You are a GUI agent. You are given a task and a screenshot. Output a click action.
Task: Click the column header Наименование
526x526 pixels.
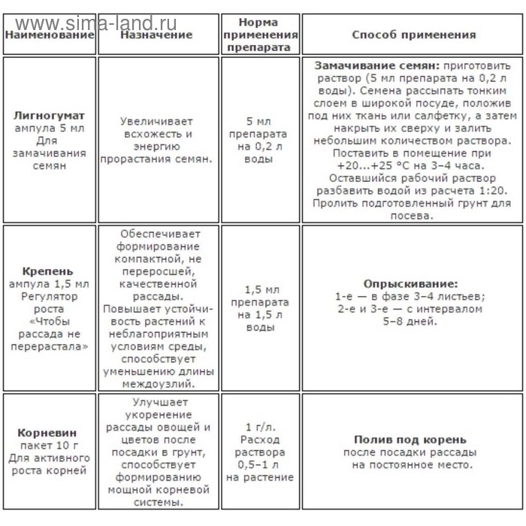(49, 35)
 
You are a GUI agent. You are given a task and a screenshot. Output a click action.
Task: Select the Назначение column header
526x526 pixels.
(156, 35)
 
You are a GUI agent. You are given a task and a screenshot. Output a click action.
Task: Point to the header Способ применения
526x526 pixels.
(414, 35)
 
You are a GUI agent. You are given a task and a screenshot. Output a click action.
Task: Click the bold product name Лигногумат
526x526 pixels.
(49, 116)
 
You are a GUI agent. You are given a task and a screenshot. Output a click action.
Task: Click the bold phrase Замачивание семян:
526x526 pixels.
(366, 65)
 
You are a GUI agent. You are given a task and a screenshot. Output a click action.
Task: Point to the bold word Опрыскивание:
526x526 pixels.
(410, 285)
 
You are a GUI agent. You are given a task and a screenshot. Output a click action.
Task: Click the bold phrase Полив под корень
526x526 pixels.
(410, 440)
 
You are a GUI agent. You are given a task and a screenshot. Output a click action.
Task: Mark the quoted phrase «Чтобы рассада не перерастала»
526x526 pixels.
(49, 334)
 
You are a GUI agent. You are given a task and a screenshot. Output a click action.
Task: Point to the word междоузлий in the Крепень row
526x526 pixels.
(156, 383)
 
